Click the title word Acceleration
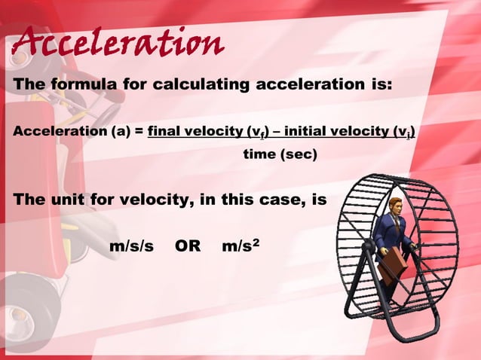point(117,44)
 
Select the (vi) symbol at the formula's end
point(406,133)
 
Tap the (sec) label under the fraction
point(299,155)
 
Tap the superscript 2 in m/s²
point(257,242)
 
